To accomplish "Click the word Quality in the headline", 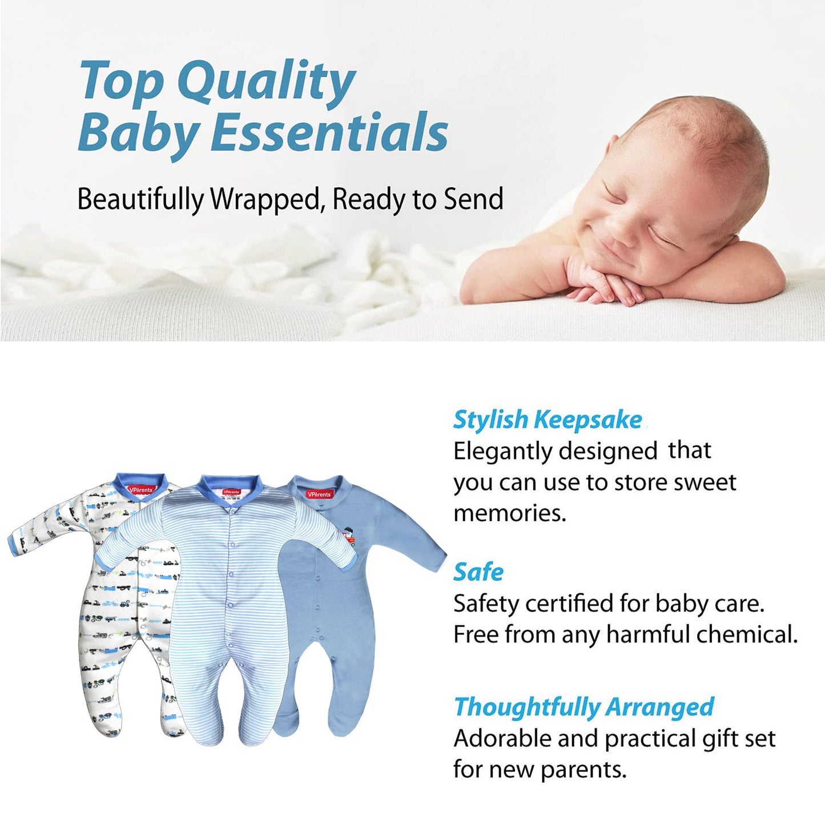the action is pyautogui.click(x=266, y=83).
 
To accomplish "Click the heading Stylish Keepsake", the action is pyautogui.click(x=548, y=420).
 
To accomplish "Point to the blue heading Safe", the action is pyautogui.click(x=478, y=573).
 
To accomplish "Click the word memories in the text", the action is pyautogui.click(x=509, y=513).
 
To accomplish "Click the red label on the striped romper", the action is pyautogui.click(x=231, y=492).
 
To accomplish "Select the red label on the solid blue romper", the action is pyautogui.click(x=319, y=494).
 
